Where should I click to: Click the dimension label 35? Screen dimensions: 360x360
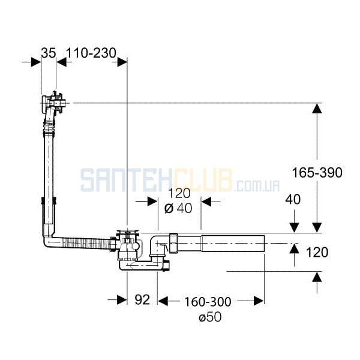tap(49, 53)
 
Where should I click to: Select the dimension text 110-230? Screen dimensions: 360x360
tap(91, 53)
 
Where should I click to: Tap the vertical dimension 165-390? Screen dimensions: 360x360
tap(317, 173)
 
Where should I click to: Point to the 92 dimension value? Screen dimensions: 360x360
tap(142, 299)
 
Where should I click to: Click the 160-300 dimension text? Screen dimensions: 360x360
tap(208, 302)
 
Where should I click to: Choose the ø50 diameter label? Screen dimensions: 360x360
tap(210, 317)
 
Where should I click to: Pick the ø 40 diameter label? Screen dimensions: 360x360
tap(178, 208)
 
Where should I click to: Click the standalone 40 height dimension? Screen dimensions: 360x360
tap(293, 199)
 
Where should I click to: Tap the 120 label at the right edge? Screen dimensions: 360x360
tap(317, 253)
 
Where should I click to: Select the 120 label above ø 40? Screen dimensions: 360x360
tap(179, 193)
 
